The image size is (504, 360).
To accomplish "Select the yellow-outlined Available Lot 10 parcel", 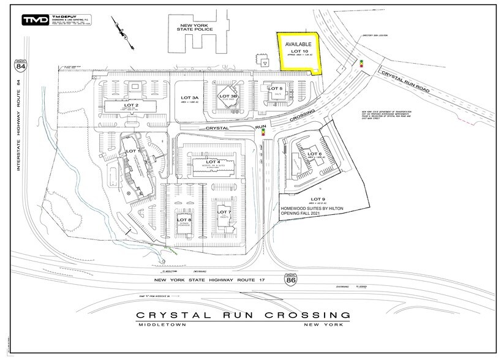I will coord(300,52).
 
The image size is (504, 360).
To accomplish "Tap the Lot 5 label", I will coord(275,89).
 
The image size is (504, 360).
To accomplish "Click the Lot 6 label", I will coord(315,154).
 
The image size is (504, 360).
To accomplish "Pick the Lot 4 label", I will coord(211,162).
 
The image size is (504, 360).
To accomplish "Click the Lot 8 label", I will coord(184,219).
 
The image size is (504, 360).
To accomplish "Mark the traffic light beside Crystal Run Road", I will coord(361,63).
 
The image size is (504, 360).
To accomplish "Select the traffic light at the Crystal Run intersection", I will coord(263,131).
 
